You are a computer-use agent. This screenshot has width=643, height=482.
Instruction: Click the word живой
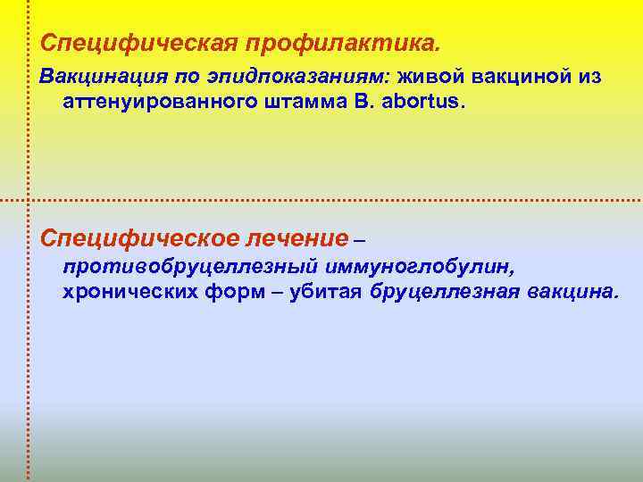(x=434, y=78)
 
